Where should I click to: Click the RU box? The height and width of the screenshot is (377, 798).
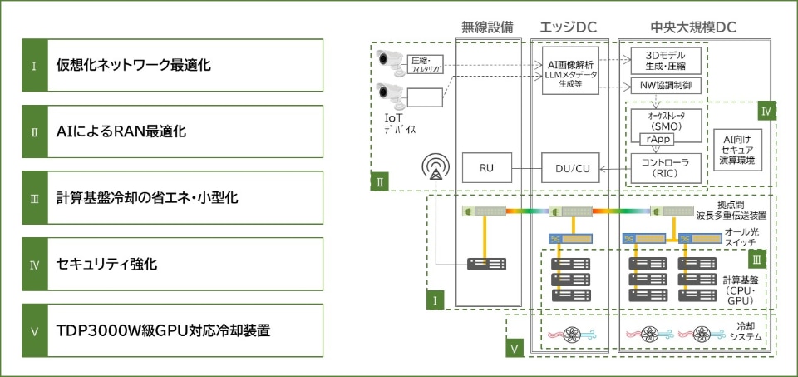486,167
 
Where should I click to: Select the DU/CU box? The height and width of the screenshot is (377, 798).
570,167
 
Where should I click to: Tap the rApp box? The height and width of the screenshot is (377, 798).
655,139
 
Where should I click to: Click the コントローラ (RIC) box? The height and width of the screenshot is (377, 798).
666,167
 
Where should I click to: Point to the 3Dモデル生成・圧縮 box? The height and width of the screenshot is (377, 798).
666,61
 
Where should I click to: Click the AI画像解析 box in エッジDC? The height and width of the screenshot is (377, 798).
570,71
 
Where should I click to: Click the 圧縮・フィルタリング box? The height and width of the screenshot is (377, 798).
426,65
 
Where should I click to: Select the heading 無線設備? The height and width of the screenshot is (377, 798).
487,27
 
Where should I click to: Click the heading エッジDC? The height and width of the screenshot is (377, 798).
569,27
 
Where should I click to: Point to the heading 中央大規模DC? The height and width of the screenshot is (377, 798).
693,27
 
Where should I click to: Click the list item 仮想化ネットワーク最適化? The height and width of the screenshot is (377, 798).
173,65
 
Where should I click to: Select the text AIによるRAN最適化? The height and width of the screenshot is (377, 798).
121,132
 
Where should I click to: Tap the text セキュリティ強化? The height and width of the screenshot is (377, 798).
107,265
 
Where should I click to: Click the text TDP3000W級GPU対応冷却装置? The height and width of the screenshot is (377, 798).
163,331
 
